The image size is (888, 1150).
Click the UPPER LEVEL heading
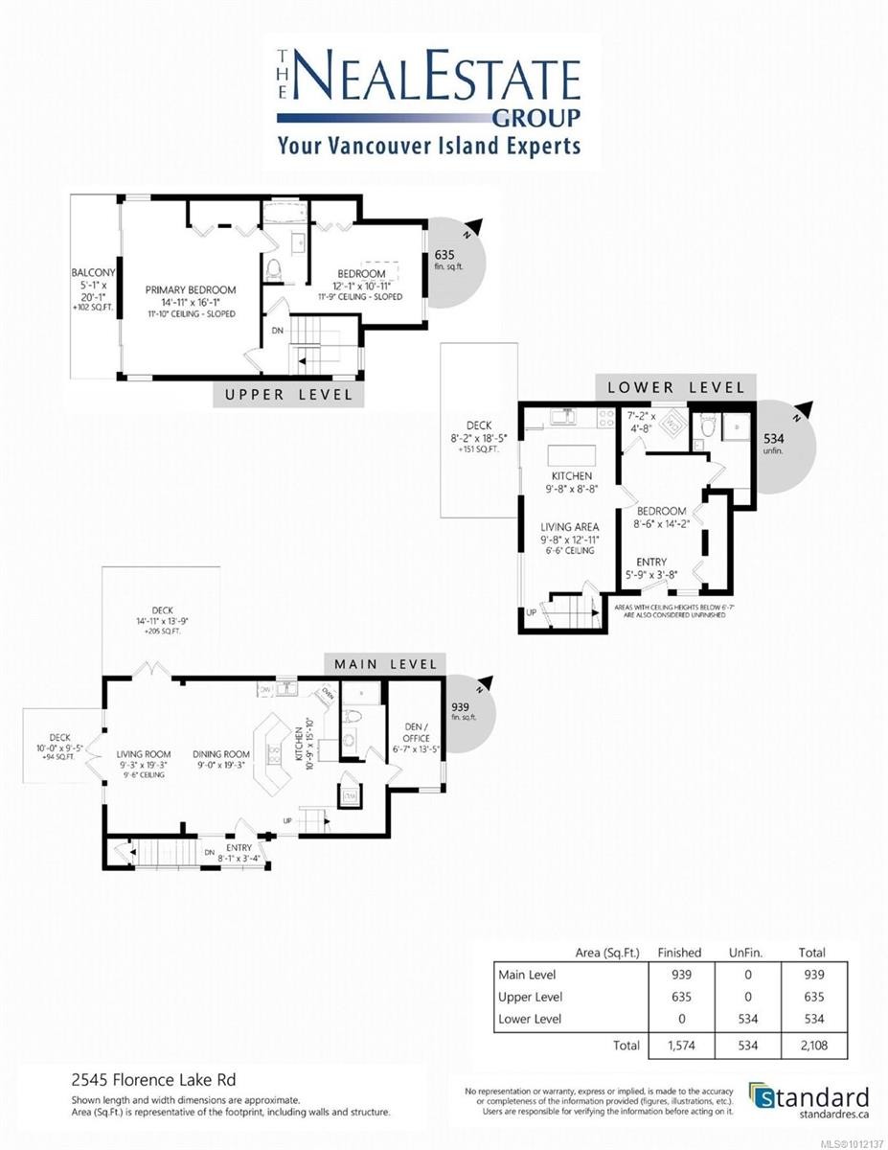click(x=288, y=394)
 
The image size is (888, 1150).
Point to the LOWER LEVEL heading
click(x=674, y=387)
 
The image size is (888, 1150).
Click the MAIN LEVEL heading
click(x=385, y=663)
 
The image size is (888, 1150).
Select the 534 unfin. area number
click(x=773, y=440)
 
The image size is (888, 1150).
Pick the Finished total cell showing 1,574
click(x=679, y=1046)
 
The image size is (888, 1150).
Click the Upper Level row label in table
click(x=530, y=996)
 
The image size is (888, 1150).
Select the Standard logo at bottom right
click(x=809, y=1100)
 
